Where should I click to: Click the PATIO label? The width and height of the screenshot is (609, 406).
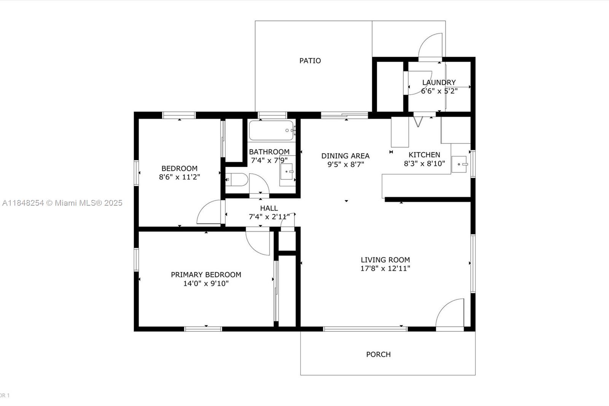(310, 61)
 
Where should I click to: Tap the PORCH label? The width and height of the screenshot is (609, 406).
(378, 354)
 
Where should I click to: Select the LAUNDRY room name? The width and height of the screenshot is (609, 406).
(438, 82)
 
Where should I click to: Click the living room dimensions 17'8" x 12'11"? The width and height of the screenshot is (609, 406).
(385, 268)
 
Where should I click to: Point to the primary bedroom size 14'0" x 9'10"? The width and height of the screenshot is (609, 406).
(206, 283)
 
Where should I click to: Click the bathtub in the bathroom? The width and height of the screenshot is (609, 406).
(271, 130)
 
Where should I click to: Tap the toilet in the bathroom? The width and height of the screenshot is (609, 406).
(236, 180)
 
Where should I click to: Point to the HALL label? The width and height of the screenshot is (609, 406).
(269, 208)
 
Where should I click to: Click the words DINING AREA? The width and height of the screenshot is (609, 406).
(345, 156)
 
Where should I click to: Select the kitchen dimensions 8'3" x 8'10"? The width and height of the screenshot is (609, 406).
(424, 164)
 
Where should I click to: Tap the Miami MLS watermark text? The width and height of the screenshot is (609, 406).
(62, 203)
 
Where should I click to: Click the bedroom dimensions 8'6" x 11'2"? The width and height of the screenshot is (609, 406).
(179, 177)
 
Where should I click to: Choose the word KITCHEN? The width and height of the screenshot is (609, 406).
(424, 155)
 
